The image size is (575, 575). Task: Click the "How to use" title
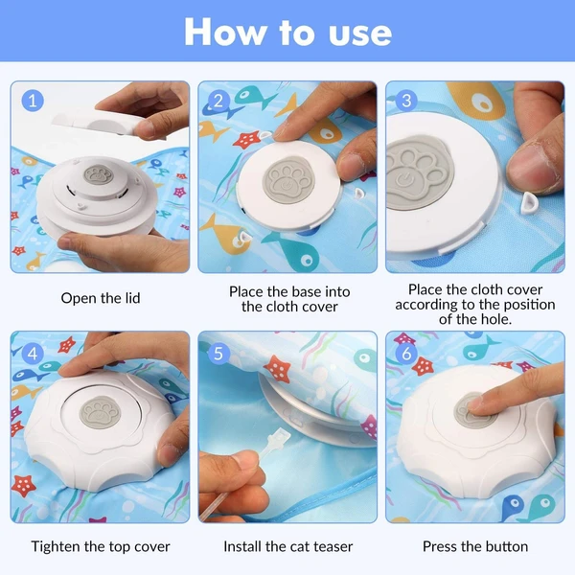[x=287, y=32]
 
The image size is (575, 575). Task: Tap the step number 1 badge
[x=33, y=101]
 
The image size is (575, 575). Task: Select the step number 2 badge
[x=218, y=101]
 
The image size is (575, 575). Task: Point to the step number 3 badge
[x=406, y=101]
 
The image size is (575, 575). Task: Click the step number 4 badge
[x=33, y=354]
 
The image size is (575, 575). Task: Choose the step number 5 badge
[x=218, y=354]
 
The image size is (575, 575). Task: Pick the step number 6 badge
[x=406, y=354]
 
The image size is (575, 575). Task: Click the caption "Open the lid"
[x=101, y=298]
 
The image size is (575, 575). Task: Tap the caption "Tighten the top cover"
[x=101, y=547]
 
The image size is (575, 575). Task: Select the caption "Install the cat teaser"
[x=288, y=547]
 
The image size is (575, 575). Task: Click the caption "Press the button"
[x=475, y=547]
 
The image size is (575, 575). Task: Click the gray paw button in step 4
[x=100, y=412]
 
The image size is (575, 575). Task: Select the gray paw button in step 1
[x=96, y=174]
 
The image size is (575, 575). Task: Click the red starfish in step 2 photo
[x=246, y=140]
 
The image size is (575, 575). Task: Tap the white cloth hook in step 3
[x=528, y=204]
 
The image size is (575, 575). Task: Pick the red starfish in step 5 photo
[x=278, y=369]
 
